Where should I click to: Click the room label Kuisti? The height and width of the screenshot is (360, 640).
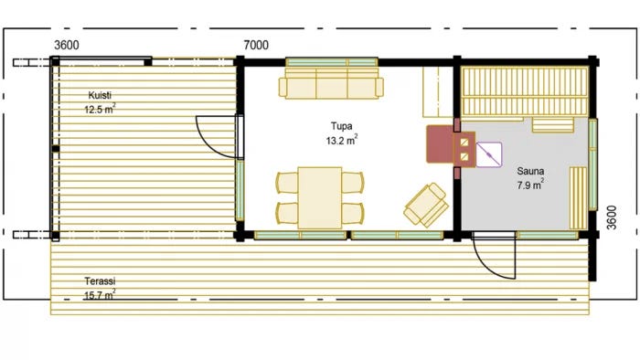[100, 95]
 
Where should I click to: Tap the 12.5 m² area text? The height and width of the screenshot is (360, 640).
[100, 110]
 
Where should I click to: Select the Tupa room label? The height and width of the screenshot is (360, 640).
[342, 126]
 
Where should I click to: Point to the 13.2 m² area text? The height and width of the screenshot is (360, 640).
[342, 140]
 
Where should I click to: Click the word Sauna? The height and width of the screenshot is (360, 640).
[530, 171]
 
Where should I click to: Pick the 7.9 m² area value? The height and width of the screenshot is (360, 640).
[530, 185]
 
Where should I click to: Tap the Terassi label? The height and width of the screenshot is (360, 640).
[100, 281]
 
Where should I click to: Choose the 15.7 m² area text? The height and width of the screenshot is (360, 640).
[100, 295]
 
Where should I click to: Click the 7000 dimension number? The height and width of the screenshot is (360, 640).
[256, 46]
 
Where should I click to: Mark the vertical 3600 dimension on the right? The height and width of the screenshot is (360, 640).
[611, 217]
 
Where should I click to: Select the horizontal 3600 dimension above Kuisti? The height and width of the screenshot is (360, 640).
[67, 46]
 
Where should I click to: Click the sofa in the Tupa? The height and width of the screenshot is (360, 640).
[331, 83]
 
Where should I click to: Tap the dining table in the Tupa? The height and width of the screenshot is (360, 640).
[320, 197]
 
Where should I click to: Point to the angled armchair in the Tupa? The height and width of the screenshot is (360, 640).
[426, 205]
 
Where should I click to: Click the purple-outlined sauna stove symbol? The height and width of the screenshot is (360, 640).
[488, 154]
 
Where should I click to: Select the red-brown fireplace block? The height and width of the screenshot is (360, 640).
[440, 144]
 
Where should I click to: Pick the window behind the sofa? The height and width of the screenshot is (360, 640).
[331, 62]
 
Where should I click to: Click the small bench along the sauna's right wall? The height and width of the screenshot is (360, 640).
[579, 197]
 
